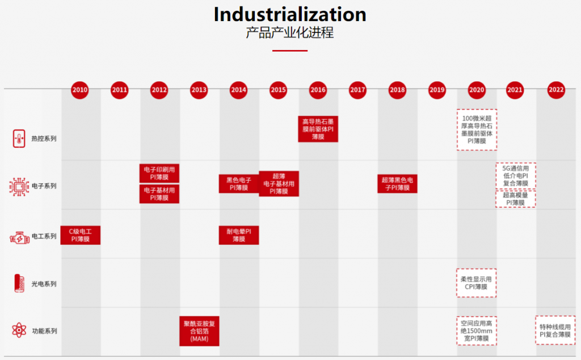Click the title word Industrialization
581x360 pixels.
pos(290,14)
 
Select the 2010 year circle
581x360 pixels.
pos(80,89)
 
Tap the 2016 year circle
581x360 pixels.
pos(318,89)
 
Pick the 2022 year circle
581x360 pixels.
pos(556,89)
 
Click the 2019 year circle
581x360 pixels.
pos(437,89)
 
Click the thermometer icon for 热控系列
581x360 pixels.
pos(19,138)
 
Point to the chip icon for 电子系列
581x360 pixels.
pos(19,186)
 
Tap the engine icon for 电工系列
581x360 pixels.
pos(19,236)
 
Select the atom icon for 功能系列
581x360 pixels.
pos(19,330)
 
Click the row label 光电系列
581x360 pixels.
pos(44,284)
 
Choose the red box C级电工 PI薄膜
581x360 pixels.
pos(81,235)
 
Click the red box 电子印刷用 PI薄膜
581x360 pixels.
pos(159,173)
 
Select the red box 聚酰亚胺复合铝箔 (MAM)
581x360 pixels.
pos(199,331)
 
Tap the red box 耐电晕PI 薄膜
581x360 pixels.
pos(239,235)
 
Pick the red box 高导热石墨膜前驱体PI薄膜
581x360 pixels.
pos(318,129)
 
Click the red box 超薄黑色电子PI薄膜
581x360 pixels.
pos(397,184)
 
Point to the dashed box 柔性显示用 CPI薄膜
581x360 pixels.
pos(477,283)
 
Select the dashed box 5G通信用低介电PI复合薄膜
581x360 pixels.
pos(516,175)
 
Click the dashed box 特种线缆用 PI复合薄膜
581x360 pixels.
pos(555,330)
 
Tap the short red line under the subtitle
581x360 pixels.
pos(290,51)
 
